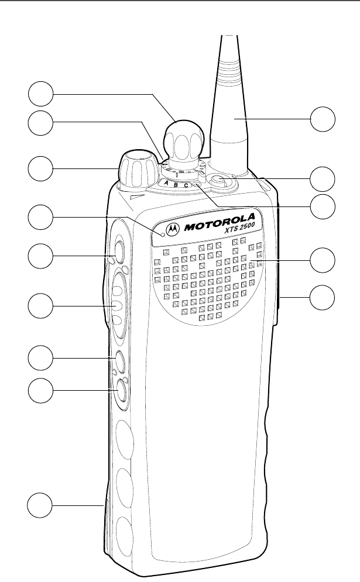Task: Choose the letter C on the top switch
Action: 187,185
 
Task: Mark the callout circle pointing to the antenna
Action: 324,119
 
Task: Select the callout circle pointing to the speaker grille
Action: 324,260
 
